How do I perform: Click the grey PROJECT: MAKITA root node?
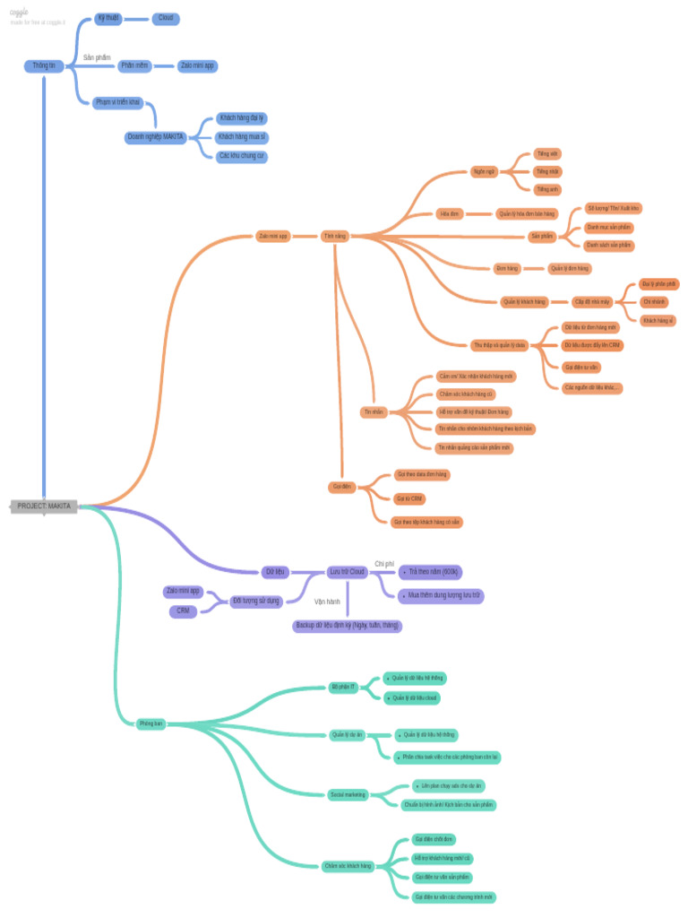click(x=44, y=507)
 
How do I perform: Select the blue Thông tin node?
click(x=44, y=65)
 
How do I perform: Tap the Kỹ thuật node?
click(x=108, y=18)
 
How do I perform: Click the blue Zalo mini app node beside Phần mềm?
click(x=197, y=65)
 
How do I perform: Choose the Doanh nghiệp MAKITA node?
click(x=156, y=137)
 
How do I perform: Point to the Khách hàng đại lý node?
click(x=242, y=117)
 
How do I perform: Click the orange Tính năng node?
click(x=335, y=237)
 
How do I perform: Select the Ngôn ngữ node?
click(x=484, y=170)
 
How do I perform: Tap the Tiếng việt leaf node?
click(x=546, y=153)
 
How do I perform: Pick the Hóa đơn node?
click(x=449, y=213)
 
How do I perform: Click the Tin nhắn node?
click(x=373, y=411)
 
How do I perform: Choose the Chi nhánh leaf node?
click(x=654, y=302)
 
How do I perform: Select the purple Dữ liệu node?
click(x=274, y=571)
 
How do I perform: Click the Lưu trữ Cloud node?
click(x=348, y=571)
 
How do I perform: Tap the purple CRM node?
click(x=183, y=611)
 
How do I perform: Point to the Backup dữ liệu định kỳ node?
click(x=347, y=626)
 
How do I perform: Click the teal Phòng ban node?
click(x=150, y=723)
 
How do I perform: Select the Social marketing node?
click(x=348, y=794)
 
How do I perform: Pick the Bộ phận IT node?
click(x=343, y=687)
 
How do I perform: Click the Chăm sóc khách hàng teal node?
click(x=348, y=866)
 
